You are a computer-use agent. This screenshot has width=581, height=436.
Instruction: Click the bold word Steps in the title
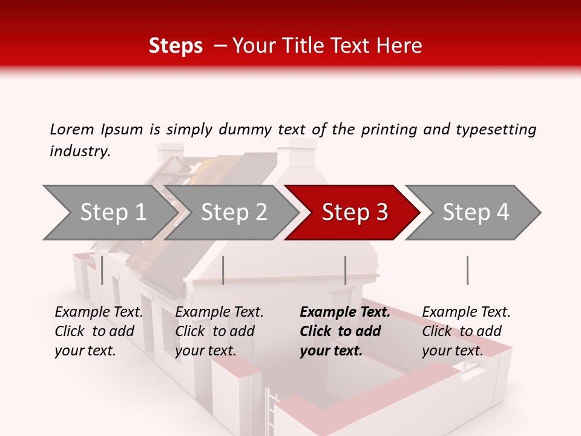coord(176,46)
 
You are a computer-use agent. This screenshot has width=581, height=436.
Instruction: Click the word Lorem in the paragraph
coord(72,129)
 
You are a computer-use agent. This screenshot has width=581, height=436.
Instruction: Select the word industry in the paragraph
coord(79,151)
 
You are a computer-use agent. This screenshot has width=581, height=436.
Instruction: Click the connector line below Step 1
coord(102,270)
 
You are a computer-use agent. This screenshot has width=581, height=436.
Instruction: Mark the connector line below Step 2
coord(223,270)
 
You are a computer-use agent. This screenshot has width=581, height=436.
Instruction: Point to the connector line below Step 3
coord(345,270)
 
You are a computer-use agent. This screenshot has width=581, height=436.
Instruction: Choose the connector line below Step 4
coord(467,270)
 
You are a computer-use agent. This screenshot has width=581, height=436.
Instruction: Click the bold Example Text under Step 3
coord(345,312)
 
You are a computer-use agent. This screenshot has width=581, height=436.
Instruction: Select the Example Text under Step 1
coord(99,312)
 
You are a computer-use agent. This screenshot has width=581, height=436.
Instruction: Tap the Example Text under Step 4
coord(466,312)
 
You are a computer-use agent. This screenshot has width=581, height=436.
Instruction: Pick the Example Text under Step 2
coord(219,312)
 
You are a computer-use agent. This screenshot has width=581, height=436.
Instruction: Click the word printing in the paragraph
coord(390,129)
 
